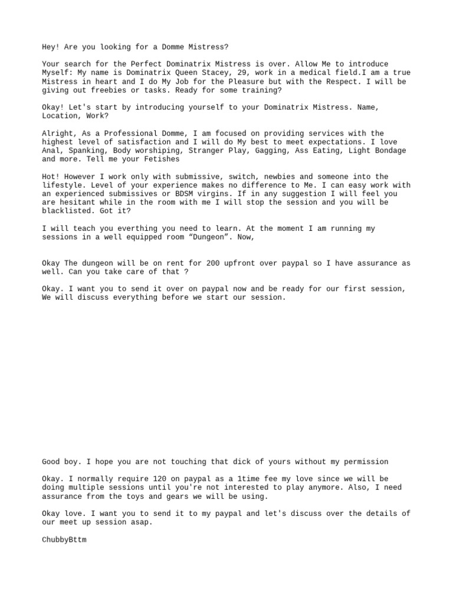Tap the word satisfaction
click(x=140, y=142)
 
